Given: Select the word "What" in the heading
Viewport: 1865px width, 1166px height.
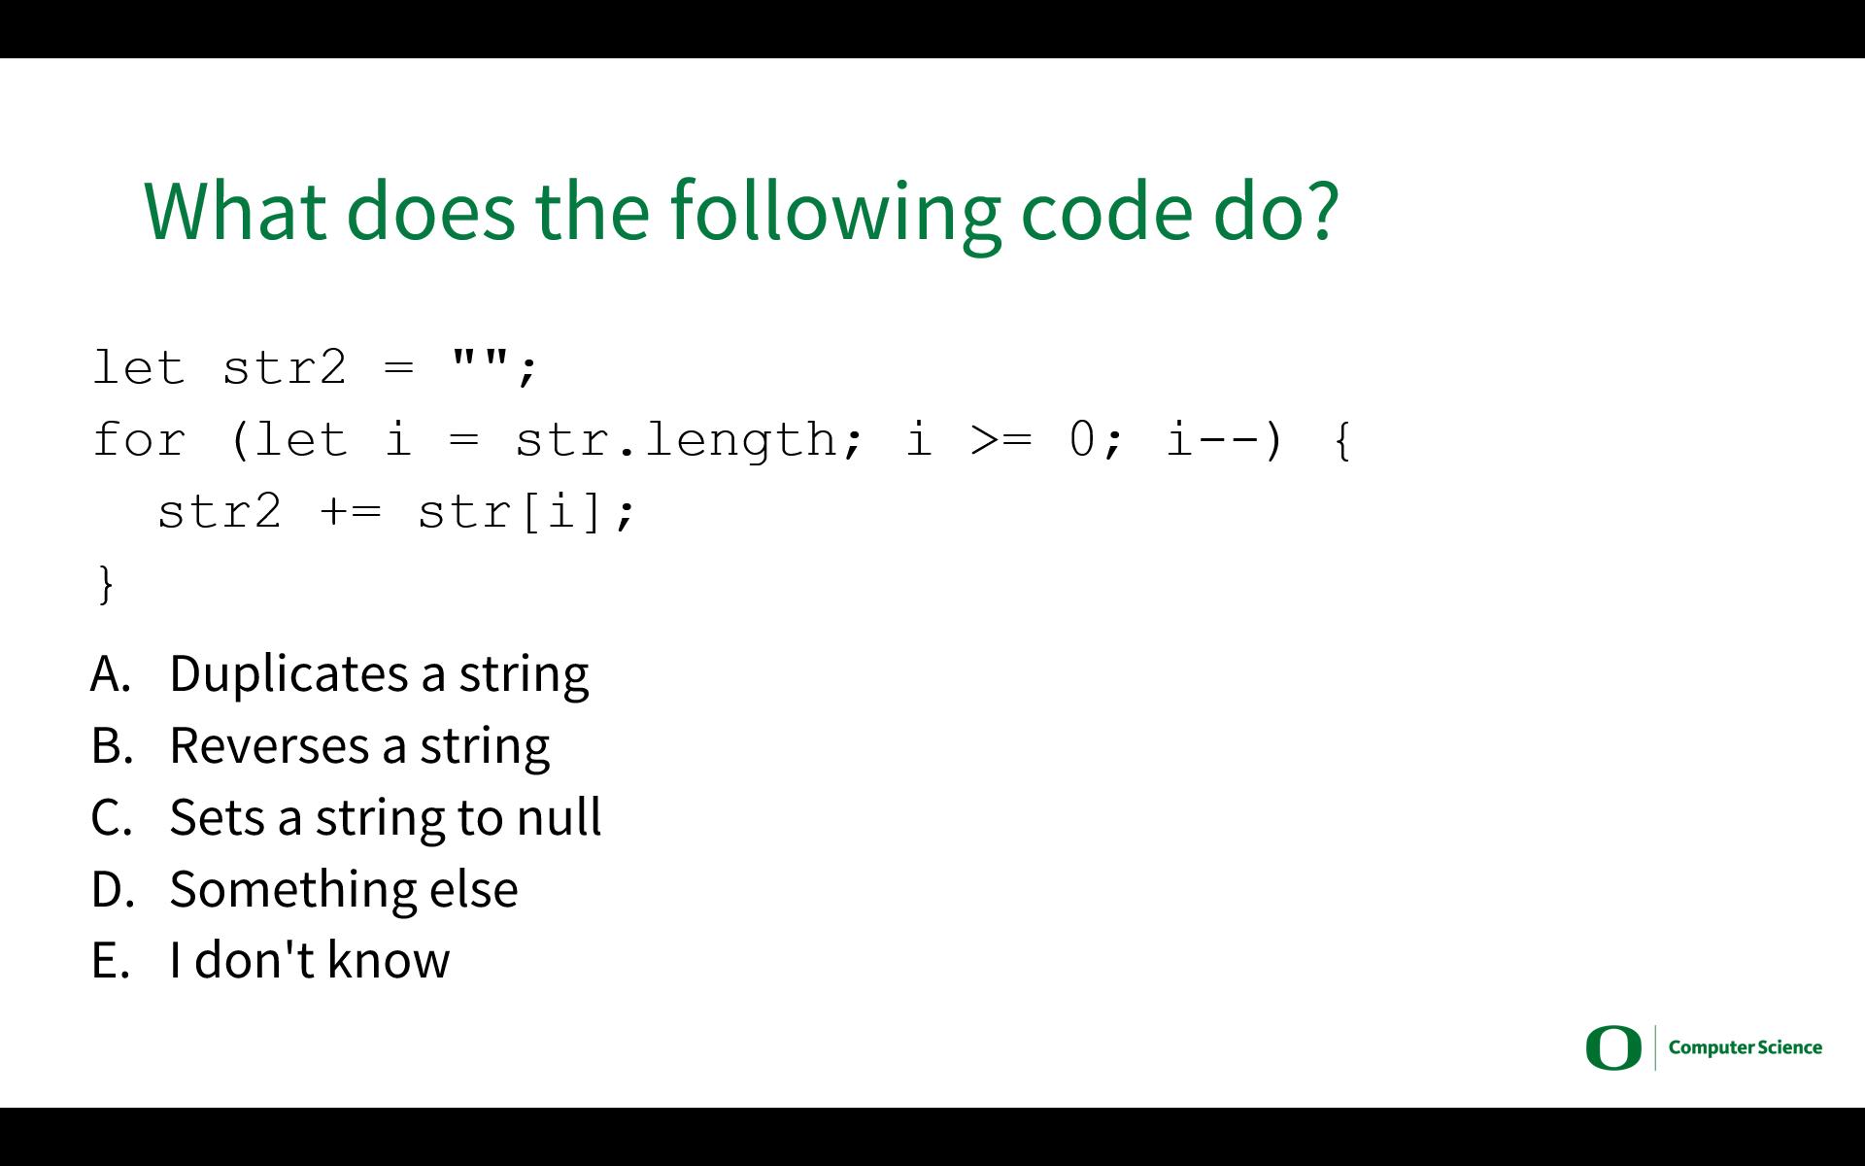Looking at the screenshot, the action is click(x=235, y=210).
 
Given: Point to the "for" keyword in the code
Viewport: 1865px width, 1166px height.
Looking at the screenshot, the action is click(x=138, y=440).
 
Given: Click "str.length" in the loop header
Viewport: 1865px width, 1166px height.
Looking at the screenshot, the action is click(x=676, y=440).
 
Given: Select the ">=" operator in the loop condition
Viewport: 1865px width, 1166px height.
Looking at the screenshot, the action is click(x=1001, y=440).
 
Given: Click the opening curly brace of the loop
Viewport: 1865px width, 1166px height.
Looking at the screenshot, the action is click(x=1342, y=441).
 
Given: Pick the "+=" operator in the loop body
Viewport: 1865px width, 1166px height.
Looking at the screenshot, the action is click(x=351, y=512).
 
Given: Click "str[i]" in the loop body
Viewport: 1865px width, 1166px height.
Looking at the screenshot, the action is click(x=511, y=512).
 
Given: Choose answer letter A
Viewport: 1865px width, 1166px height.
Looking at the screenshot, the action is click(x=111, y=673).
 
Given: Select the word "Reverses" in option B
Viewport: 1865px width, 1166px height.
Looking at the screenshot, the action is click(x=269, y=745).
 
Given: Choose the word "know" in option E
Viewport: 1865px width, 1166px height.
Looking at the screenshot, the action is click(x=389, y=959).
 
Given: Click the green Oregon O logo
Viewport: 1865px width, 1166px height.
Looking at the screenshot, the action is click(x=1613, y=1048).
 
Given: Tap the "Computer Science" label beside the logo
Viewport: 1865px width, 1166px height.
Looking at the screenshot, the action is click(x=1746, y=1047).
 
